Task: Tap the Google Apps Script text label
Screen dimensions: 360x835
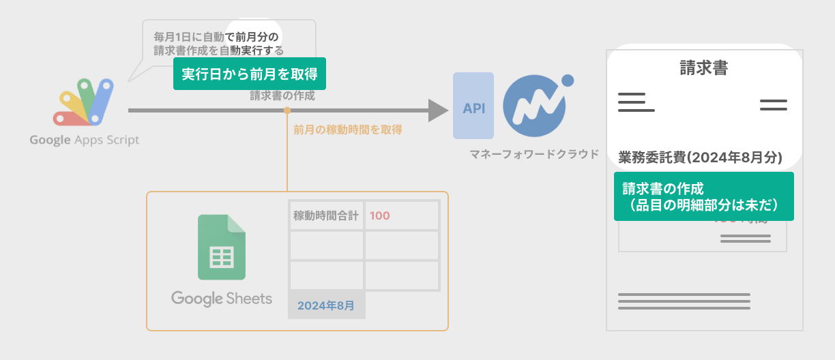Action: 84,140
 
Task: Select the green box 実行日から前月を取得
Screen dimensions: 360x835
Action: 250,74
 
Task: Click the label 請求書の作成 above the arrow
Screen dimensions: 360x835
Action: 282,95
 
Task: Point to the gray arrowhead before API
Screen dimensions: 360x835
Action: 437,110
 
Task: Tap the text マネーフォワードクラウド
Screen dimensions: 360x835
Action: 534,154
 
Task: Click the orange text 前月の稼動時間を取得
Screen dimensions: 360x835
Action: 347,129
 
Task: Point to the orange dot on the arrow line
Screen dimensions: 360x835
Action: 287,110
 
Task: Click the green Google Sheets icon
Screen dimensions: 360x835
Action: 222,247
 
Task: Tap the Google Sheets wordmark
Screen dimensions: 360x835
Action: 222,299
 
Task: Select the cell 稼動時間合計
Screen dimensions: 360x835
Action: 326,215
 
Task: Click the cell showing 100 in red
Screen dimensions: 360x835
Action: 401,215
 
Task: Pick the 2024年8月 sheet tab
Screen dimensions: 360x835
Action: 326,305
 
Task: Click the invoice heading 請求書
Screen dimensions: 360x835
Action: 703,67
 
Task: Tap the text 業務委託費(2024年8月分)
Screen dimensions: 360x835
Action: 700,157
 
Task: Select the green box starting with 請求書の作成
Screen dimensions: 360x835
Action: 703,196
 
